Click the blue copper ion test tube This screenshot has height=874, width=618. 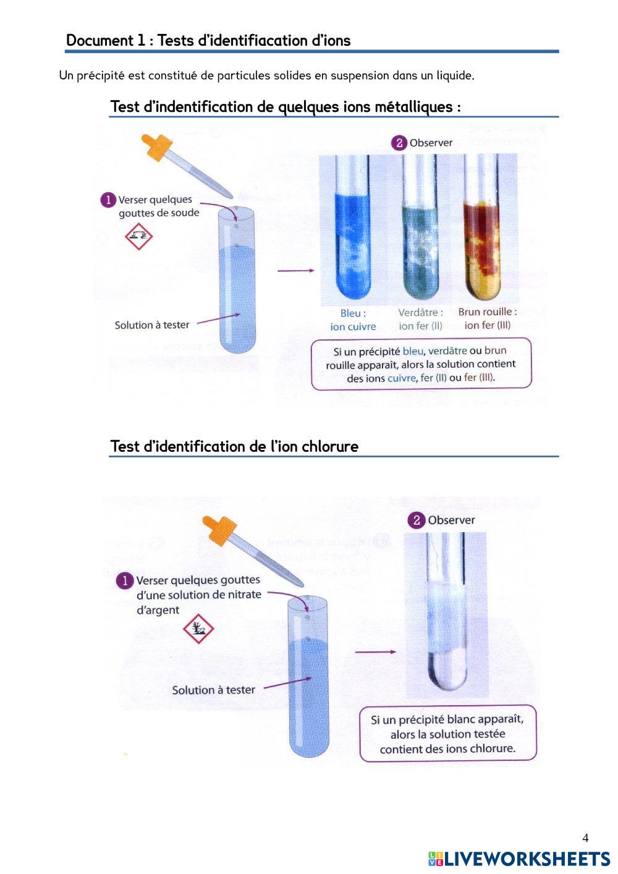(x=352, y=226)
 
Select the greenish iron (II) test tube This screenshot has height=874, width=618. (x=420, y=226)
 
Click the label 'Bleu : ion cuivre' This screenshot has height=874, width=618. (x=353, y=320)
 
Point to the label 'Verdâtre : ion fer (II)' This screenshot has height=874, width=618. (x=421, y=319)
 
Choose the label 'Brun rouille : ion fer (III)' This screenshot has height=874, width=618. (x=488, y=318)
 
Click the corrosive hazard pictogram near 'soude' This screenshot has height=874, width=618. (x=138, y=236)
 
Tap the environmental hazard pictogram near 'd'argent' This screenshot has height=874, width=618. (x=198, y=629)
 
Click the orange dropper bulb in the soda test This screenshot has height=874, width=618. (x=157, y=147)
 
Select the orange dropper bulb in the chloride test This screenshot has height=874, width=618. (x=219, y=530)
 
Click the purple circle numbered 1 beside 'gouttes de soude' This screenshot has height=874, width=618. (x=108, y=200)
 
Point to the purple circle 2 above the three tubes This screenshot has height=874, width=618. (x=399, y=143)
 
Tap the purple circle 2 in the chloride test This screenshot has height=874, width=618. (x=417, y=520)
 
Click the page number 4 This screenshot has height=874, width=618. (x=585, y=838)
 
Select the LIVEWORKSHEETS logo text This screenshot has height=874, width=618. (x=519, y=859)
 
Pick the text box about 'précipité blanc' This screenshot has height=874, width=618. (x=448, y=734)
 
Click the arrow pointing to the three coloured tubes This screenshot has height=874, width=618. (x=296, y=270)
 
